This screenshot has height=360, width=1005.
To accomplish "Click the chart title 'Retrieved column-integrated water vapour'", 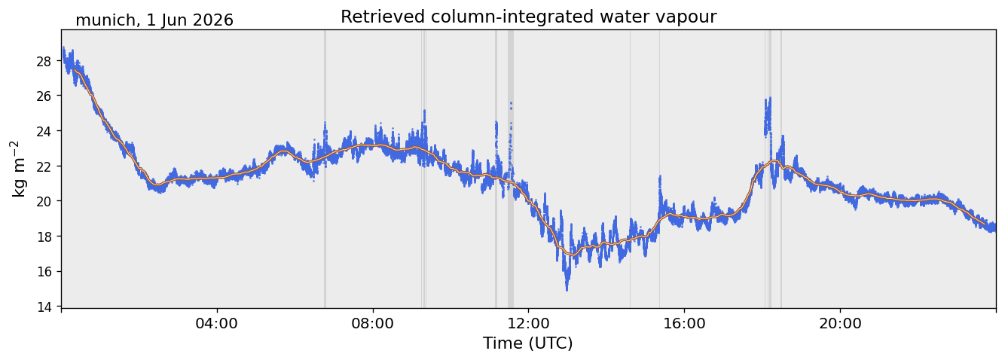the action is (x=529, y=17).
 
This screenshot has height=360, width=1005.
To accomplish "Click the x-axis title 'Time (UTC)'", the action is (x=528, y=343).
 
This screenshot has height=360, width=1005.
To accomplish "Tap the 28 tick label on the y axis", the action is (x=44, y=61).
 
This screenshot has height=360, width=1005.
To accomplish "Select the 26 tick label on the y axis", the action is (x=44, y=96).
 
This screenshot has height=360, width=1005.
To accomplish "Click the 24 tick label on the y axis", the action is (x=44, y=131).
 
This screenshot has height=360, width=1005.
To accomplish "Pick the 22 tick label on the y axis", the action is (x=44, y=166).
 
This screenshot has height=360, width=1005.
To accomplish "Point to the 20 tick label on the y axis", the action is (x=44, y=201).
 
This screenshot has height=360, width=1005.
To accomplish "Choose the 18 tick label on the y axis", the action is (x=44, y=236).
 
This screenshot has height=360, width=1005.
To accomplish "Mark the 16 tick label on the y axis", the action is (x=44, y=272).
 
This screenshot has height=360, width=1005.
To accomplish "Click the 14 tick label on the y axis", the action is (x=44, y=307).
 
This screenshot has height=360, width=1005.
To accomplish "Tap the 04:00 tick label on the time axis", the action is (x=217, y=323).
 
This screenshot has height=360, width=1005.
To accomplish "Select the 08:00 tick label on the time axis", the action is (x=373, y=323).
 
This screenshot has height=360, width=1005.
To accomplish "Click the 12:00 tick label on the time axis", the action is (x=529, y=323).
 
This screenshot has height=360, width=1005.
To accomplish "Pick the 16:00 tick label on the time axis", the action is (x=684, y=323).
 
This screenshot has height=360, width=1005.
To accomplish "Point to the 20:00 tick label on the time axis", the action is (x=840, y=323).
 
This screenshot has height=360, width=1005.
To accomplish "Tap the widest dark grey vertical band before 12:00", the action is (x=511, y=169).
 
